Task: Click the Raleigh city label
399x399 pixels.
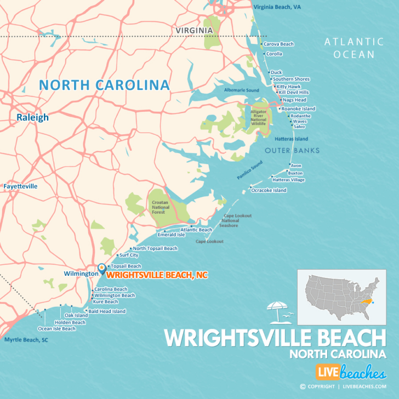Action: (x=32, y=117)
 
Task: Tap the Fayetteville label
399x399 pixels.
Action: (x=20, y=186)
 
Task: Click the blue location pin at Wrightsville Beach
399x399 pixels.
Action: (x=101, y=269)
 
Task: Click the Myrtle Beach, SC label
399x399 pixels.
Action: (x=26, y=340)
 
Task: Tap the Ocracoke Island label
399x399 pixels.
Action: (x=269, y=190)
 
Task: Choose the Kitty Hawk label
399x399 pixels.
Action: (x=289, y=86)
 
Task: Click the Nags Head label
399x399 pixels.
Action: (x=294, y=100)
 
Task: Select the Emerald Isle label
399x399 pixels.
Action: (x=171, y=235)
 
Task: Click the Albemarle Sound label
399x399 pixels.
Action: (x=241, y=89)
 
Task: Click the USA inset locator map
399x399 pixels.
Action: (x=340, y=296)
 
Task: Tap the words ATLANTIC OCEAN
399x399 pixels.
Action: (x=353, y=48)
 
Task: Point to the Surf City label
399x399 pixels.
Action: (x=129, y=255)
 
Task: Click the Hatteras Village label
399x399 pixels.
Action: (x=288, y=179)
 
